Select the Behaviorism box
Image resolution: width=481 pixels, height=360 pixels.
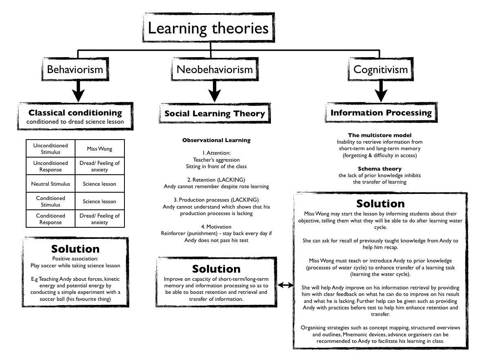pos(75,69)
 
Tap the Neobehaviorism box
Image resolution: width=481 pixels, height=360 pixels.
pos(215,69)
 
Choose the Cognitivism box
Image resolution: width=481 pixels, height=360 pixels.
pos(380,69)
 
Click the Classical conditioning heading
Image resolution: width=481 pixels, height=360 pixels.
pos(75,113)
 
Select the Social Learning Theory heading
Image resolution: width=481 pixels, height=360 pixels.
pos(215,114)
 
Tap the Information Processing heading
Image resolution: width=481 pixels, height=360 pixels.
pos(381,113)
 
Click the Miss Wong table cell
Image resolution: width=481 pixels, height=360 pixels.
pos(100,149)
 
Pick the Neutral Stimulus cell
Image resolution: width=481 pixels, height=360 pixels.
pos(51,184)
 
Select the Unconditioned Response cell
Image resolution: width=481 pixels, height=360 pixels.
pos(51,167)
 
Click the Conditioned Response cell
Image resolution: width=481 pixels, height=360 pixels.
pos(51,219)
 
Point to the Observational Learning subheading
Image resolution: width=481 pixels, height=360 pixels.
pos(216,140)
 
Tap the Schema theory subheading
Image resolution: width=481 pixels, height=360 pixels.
pos(380,169)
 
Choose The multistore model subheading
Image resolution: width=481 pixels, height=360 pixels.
pos(380,135)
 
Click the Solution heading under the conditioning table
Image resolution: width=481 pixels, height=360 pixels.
pos(75,249)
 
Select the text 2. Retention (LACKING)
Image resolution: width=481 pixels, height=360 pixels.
pos(216,180)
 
